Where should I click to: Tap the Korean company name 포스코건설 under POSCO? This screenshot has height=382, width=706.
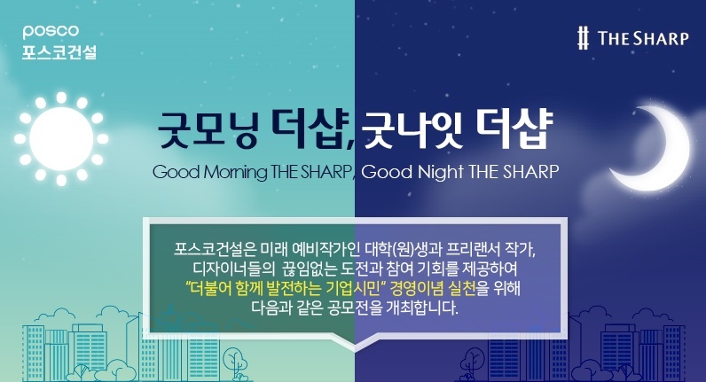(59, 51)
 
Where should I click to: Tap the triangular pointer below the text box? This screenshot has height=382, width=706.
(352, 341)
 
